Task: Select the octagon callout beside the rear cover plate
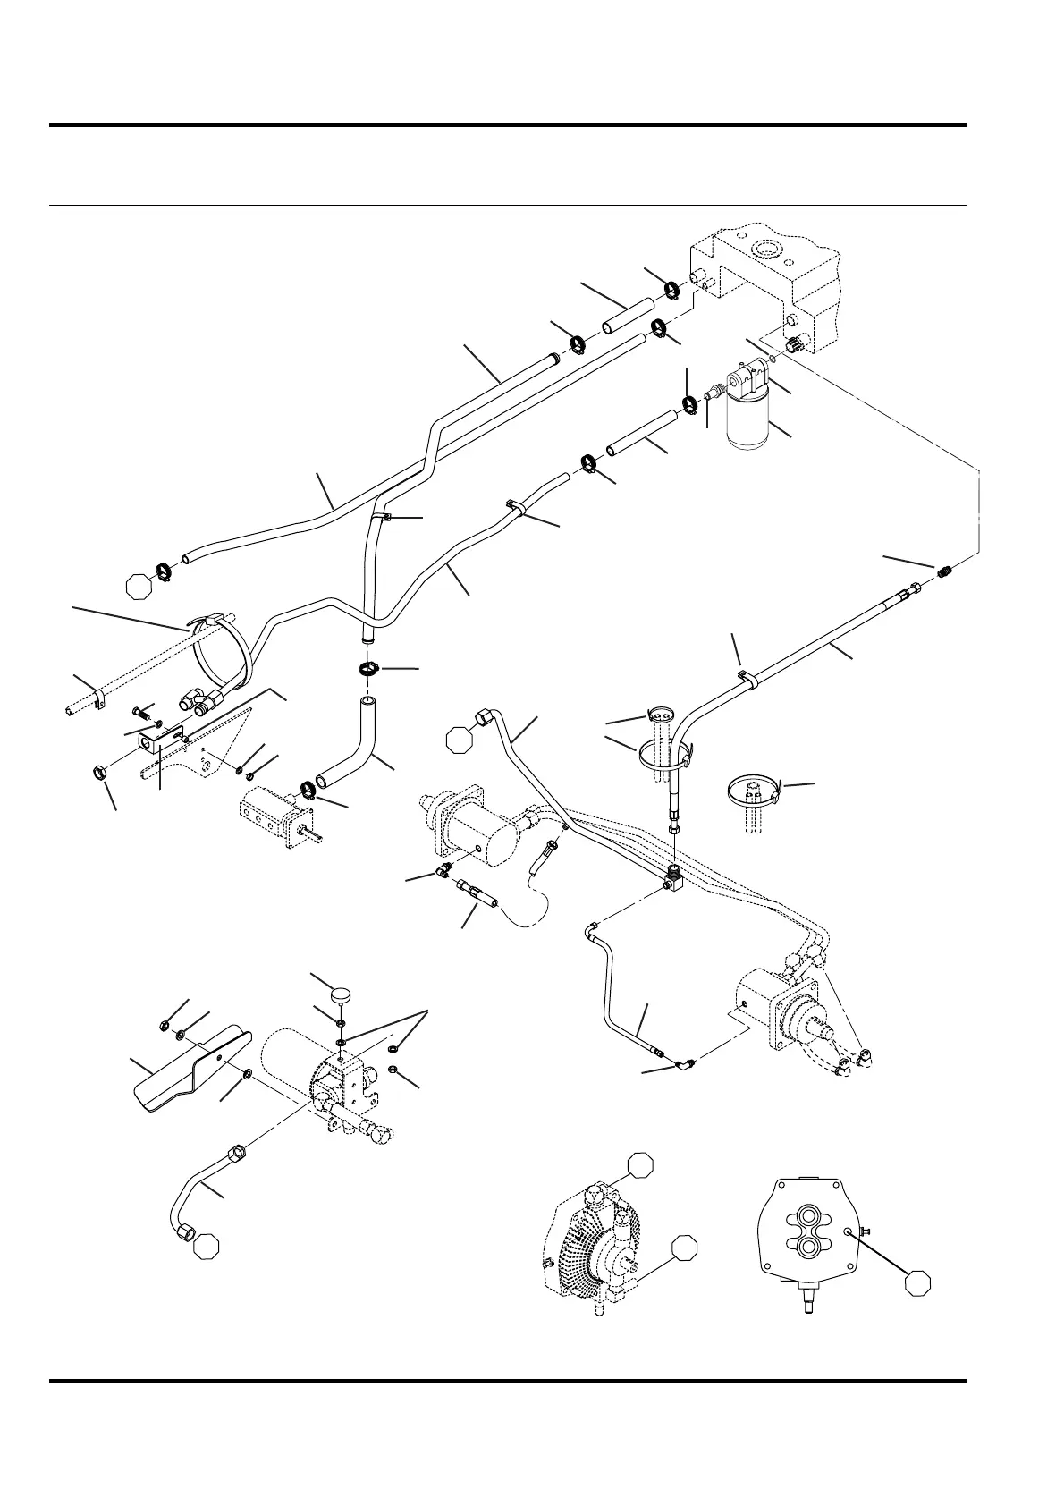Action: pos(916,1282)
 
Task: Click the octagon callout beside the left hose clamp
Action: pos(138,586)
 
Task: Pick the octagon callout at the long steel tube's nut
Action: pos(460,739)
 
